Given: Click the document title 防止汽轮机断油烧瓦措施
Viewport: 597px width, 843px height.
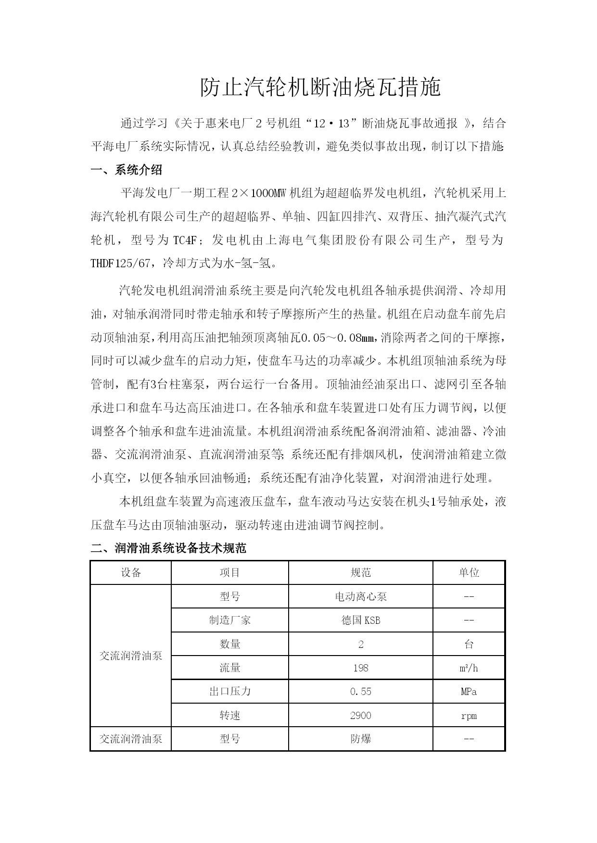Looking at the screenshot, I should (x=320, y=88).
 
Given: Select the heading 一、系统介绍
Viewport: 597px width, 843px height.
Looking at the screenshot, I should (x=127, y=170).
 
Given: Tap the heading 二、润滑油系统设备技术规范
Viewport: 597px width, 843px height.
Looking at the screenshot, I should (x=168, y=548).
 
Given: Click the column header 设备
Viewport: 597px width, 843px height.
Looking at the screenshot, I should (x=131, y=572).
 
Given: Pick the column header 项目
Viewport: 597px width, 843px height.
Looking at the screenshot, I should (x=229, y=572).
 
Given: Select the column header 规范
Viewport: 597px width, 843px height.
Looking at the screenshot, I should (x=360, y=572).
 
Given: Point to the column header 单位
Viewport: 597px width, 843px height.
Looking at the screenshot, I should (x=469, y=572).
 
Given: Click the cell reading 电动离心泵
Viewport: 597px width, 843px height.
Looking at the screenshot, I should (x=360, y=596).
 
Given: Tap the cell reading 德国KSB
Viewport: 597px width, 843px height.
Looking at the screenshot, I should (x=360, y=620).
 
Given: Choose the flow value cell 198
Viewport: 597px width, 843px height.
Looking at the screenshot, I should (x=360, y=668).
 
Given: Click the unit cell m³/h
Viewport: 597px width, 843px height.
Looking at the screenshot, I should (x=469, y=668).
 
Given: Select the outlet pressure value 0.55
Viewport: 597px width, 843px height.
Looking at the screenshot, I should (x=360, y=692).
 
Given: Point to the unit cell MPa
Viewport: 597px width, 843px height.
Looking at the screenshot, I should (x=469, y=692).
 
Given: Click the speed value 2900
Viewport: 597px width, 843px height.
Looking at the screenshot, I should (x=360, y=716).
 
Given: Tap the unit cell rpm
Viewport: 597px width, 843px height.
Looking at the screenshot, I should (x=469, y=716).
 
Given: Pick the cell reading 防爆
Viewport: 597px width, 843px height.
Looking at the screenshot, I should (x=360, y=739).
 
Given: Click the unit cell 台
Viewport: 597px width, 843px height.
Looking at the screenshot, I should (x=469, y=644).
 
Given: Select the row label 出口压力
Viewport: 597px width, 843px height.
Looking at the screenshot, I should (x=229, y=692).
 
